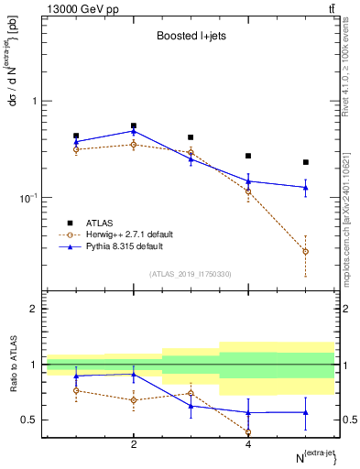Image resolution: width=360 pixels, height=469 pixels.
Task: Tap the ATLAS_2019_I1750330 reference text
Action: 190,274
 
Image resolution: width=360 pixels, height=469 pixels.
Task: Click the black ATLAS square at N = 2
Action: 134,125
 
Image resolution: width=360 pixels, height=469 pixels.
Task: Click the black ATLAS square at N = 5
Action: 306,162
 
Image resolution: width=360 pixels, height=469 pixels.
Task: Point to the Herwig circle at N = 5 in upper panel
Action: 306,251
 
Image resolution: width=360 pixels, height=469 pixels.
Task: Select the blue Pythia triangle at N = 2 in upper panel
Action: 134,131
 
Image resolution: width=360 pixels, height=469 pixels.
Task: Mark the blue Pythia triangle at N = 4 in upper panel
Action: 248,181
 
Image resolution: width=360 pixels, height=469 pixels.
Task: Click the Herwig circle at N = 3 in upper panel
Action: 191,152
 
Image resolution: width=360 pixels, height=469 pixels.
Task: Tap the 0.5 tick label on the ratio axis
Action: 30,420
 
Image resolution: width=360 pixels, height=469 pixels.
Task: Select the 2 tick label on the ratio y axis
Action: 34,309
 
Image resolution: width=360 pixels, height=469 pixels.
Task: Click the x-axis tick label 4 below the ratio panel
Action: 248,444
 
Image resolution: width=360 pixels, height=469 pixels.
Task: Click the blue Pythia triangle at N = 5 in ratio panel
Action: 306,412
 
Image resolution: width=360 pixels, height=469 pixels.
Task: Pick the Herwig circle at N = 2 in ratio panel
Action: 134,400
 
